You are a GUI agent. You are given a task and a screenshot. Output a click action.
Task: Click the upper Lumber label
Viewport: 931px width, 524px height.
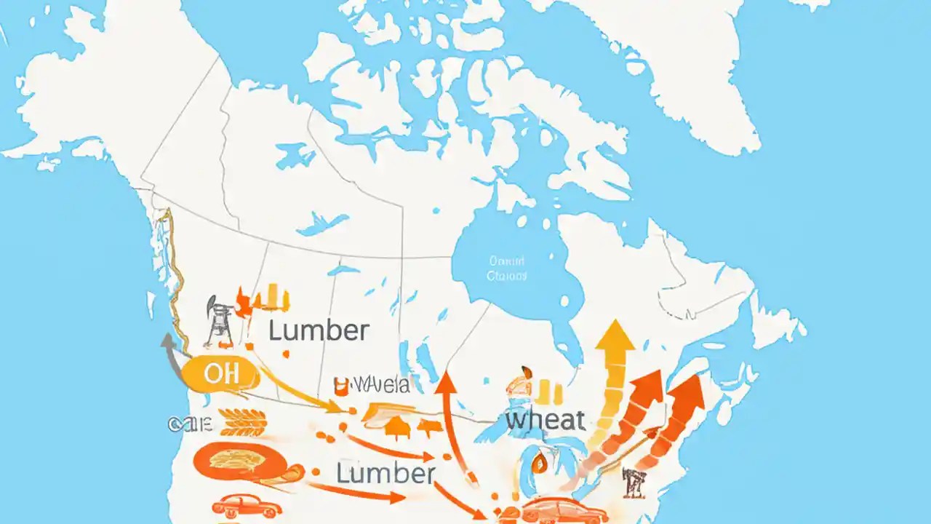click(319, 331)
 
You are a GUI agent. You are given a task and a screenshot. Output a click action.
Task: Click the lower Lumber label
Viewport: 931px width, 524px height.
click(385, 473)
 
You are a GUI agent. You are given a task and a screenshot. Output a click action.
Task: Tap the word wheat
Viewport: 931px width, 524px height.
click(545, 420)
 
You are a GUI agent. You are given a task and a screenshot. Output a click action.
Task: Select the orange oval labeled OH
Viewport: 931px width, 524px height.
click(220, 375)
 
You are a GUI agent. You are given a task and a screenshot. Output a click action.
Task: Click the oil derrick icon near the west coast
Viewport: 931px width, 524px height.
click(218, 320)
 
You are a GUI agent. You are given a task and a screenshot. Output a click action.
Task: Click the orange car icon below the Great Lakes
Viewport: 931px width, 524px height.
click(564, 510)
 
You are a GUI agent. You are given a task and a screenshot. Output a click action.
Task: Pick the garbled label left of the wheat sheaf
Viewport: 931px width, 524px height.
click(188, 423)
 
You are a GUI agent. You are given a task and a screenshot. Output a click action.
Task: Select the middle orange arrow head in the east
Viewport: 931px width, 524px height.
click(649, 386)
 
